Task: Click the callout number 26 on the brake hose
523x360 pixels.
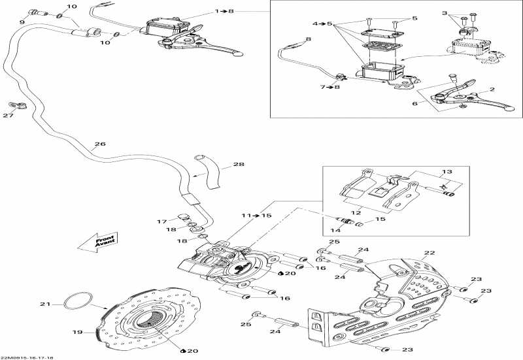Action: click(99, 145)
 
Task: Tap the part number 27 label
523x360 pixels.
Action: click(8, 116)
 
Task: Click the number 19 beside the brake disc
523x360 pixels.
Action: click(77, 333)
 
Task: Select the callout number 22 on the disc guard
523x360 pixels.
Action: click(429, 253)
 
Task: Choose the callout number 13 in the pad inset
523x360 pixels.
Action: click(447, 172)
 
